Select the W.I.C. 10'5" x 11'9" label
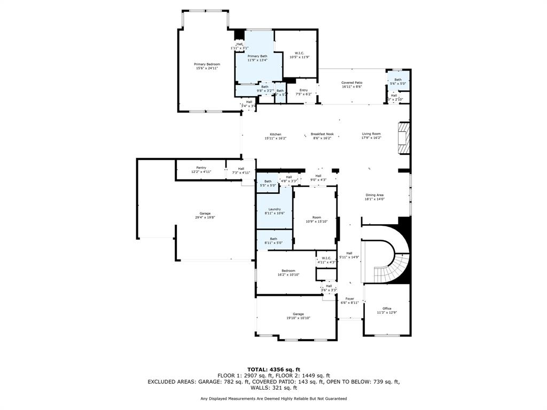(299, 55)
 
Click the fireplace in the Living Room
(404, 138)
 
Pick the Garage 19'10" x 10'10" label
(298, 316)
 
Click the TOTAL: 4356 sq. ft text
(273, 369)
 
